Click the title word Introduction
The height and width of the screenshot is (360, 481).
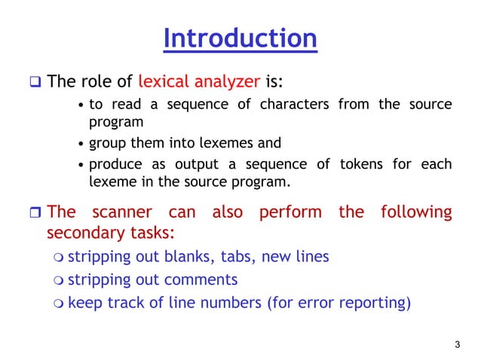(x=240, y=38)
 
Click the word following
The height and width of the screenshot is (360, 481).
(x=416, y=212)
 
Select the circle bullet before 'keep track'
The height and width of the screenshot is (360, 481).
(x=59, y=304)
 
